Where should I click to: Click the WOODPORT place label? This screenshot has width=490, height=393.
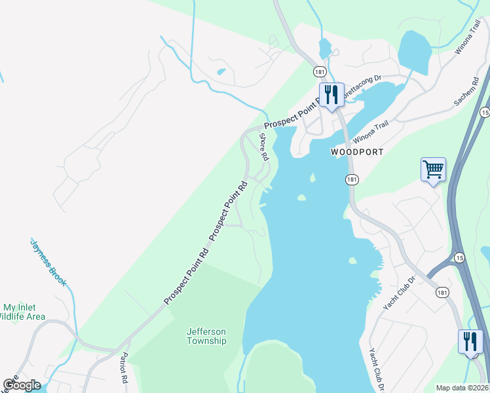click(356, 151)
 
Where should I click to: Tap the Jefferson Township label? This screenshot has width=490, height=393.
click(206, 336)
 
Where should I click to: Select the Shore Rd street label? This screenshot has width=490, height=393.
click(263, 147)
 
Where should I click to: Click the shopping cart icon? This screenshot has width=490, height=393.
click(433, 169)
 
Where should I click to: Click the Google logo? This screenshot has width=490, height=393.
click(22, 384)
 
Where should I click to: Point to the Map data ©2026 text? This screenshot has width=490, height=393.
click(462, 388)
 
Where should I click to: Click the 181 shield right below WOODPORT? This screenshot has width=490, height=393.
click(352, 179)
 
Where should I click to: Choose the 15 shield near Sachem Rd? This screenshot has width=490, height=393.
click(484, 113)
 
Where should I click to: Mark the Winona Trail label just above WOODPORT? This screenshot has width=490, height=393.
click(371, 133)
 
